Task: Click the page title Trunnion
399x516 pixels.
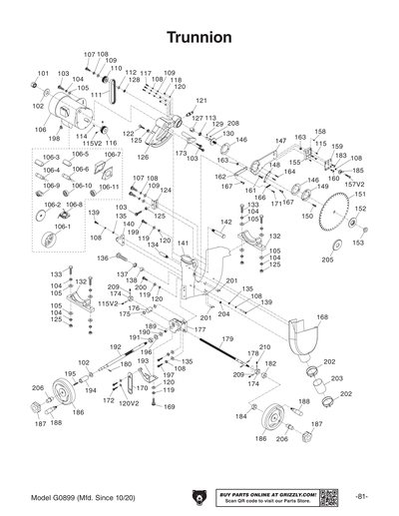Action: click(199, 36)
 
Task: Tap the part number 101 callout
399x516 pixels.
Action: click(42, 74)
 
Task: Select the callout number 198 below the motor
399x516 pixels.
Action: click(54, 139)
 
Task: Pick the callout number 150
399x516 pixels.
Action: click(307, 215)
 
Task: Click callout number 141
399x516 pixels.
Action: click(183, 243)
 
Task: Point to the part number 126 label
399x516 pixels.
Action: click(143, 157)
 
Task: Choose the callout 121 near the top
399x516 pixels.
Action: click(201, 101)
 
